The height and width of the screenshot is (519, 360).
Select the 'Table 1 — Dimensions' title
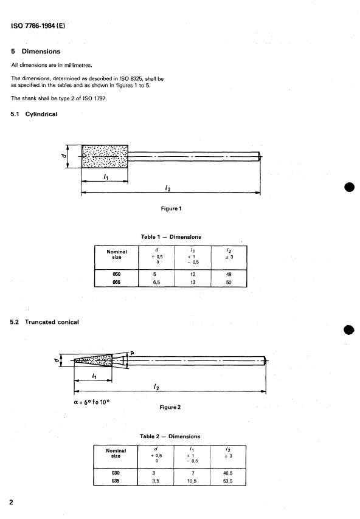click(x=170, y=237)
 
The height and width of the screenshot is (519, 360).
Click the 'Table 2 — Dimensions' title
click(x=170, y=436)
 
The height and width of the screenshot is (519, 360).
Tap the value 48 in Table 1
click(x=228, y=274)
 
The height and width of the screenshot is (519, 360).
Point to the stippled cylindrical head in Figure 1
click(x=104, y=157)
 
